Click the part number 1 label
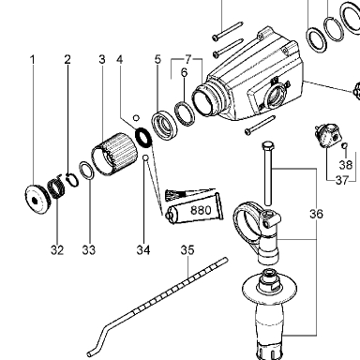33,59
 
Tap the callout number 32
57,250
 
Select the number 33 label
89,250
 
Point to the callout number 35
187,250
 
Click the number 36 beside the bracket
316,214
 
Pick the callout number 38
346,165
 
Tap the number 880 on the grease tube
201,210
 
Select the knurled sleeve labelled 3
114,154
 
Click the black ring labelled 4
143,137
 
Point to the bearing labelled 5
165,125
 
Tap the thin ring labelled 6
185,114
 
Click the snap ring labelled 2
72,180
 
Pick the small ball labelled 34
145,158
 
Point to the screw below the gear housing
260,126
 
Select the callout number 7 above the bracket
187,59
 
